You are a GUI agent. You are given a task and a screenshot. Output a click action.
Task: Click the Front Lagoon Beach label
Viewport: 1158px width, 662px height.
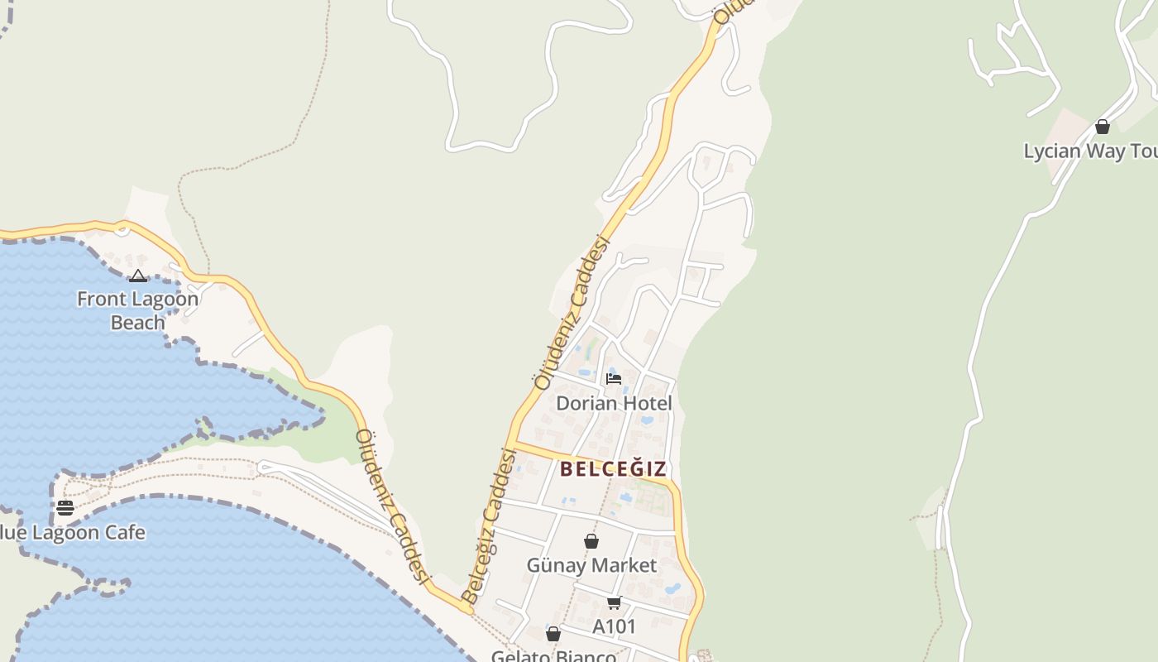coord(137,310)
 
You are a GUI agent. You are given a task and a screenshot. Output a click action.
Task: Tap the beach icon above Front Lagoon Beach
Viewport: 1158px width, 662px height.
coord(138,276)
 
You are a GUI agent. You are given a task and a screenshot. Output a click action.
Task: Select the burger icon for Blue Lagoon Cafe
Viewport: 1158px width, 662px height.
coord(65,507)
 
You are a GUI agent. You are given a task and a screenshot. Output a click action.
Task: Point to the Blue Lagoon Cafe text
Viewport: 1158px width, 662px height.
coord(73,532)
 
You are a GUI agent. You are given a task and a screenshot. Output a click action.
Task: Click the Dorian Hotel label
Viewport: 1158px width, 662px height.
coord(614,403)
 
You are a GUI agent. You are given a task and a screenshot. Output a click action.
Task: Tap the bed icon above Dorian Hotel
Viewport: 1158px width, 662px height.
coord(614,379)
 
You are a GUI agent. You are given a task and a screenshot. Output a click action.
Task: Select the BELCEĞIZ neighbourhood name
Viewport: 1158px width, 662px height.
coord(614,469)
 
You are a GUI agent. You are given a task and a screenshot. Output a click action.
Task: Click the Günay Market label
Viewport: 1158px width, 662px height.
coord(591,565)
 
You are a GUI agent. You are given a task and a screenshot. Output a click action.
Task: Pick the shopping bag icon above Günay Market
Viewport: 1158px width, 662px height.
coord(591,541)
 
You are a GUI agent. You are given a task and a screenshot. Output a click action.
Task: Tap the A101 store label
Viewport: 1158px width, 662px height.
coord(614,626)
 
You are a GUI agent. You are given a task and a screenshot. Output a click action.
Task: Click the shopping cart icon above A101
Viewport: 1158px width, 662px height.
coord(614,602)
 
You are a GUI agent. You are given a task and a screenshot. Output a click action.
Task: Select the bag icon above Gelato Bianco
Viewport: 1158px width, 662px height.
coord(553,634)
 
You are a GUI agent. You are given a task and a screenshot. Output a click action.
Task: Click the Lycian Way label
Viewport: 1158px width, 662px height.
coord(1089,151)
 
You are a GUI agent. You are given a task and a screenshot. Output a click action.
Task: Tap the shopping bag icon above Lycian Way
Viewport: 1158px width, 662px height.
coord(1103,127)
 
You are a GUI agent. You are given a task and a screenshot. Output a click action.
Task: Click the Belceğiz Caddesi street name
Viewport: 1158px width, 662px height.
coord(490,526)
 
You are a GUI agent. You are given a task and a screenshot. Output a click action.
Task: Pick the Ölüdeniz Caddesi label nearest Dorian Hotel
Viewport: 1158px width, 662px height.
coord(572,313)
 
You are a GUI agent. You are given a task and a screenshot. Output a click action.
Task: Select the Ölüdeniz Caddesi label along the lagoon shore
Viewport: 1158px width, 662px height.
coord(394,506)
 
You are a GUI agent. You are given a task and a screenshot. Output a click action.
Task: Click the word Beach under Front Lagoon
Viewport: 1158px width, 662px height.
coord(137,322)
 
